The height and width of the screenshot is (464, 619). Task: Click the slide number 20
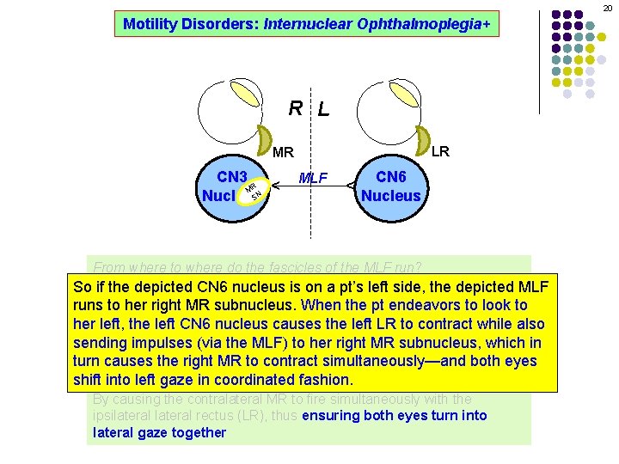click(x=605, y=7)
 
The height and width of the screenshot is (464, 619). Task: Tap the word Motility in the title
click(x=150, y=24)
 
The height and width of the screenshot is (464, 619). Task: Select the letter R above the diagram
click(x=295, y=108)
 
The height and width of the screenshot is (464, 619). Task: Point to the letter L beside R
click(x=322, y=110)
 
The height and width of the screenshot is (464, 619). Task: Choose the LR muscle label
click(x=440, y=152)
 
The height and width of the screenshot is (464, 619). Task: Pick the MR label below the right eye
click(x=283, y=154)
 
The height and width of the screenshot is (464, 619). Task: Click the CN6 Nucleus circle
click(x=391, y=186)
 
